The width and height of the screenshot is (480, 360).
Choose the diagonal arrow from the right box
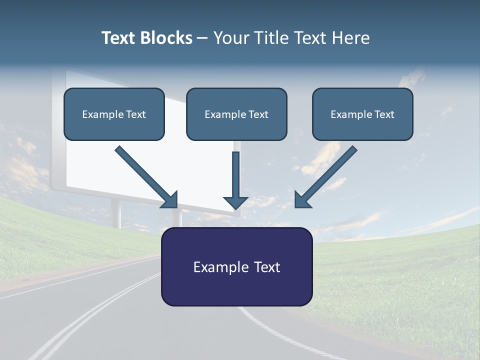click(327, 175)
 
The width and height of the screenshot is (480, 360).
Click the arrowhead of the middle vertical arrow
click(235, 202)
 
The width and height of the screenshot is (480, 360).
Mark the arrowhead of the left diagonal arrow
click(170, 200)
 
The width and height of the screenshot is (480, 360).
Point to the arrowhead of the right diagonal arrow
click(302, 200)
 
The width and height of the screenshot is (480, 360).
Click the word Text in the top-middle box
click(258, 114)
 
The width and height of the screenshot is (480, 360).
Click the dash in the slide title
click(202, 38)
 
